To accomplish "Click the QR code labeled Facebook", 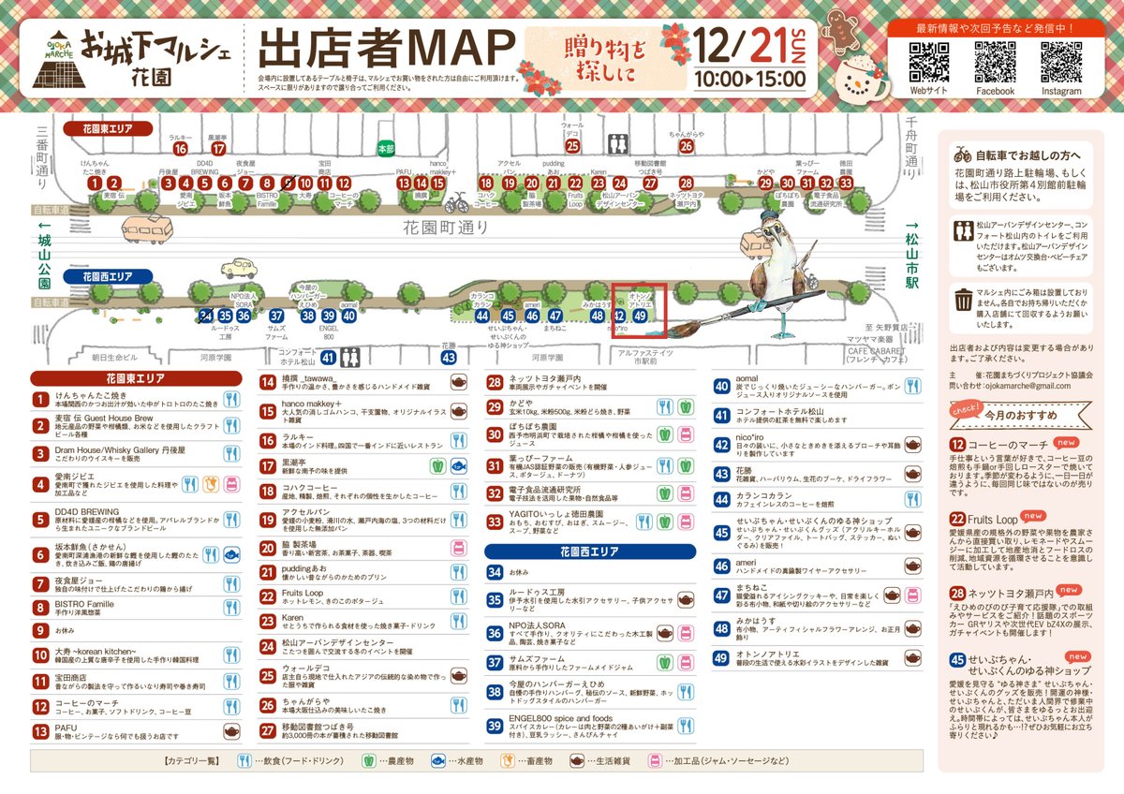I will click(x=995, y=62).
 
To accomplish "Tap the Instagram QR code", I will click(x=1061, y=62).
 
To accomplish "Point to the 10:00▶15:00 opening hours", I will click(x=750, y=78).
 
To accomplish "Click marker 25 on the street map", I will click(x=572, y=145).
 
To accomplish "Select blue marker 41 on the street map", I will click(x=328, y=357).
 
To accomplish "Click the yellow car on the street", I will click(x=239, y=269).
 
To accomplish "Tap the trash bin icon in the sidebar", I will click(x=963, y=301).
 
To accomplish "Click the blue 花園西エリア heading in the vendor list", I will click(x=589, y=551).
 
